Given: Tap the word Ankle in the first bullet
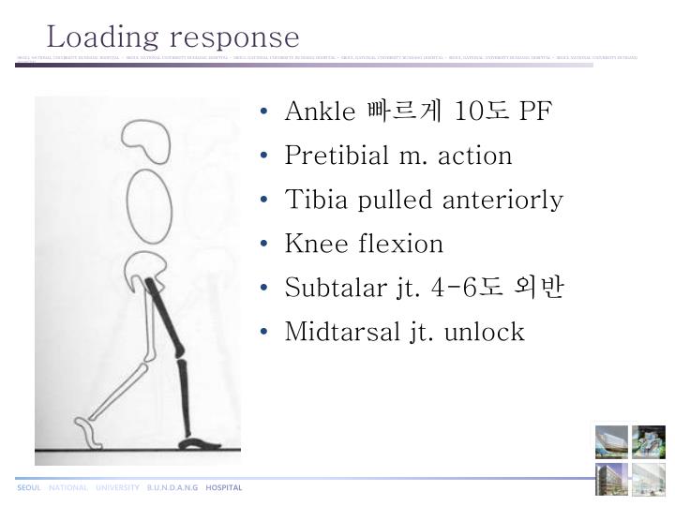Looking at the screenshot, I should click(x=320, y=112).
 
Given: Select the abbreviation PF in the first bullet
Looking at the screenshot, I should click(x=536, y=112).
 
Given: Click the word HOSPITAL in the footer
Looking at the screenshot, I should click(x=224, y=487).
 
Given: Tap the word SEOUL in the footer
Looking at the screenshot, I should click(x=29, y=487).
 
